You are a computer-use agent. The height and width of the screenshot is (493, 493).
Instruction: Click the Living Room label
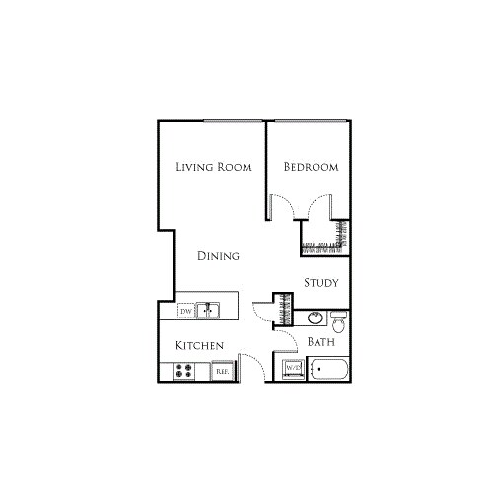click(213, 167)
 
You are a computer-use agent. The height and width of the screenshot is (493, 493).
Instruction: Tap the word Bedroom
click(311, 167)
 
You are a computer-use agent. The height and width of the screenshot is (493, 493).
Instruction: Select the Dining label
click(218, 257)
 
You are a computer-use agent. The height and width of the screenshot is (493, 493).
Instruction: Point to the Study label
click(321, 283)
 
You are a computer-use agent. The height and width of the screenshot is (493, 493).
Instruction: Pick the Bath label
click(321, 342)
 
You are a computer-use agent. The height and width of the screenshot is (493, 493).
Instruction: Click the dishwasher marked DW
click(185, 311)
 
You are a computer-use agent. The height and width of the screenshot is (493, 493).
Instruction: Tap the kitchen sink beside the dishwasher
click(209, 311)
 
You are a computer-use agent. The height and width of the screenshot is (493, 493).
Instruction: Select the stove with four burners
click(184, 371)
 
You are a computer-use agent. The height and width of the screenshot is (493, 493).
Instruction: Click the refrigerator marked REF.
click(223, 371)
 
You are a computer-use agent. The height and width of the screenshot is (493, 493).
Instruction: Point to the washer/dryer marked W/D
click(293, 369)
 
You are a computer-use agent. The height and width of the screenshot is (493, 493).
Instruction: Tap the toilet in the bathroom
click(338, 321)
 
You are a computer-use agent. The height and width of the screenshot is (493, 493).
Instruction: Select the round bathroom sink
click(315, 318)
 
